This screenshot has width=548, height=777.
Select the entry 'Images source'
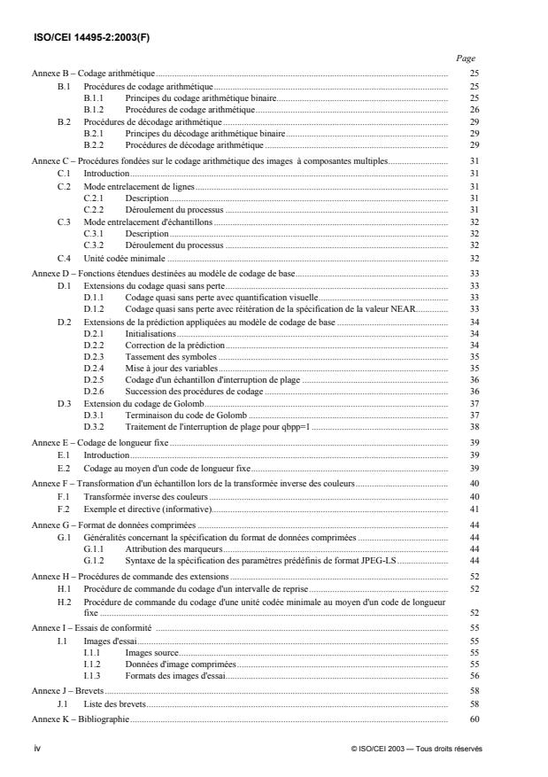tap(151, 651)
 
